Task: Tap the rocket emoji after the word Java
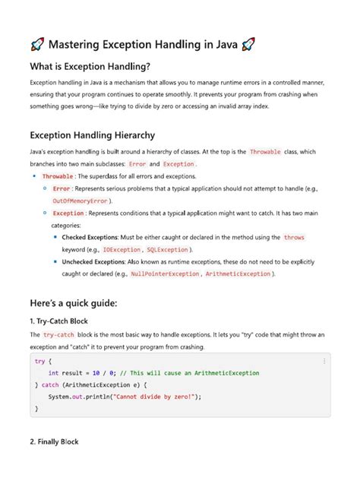(248, 44)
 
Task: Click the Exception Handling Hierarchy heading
(92, 135)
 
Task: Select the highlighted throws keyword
(293, 237)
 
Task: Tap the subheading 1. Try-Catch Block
(64, 321)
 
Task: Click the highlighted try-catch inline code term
(58, 335)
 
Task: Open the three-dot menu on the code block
(324, 361)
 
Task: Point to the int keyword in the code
(53, 373)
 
